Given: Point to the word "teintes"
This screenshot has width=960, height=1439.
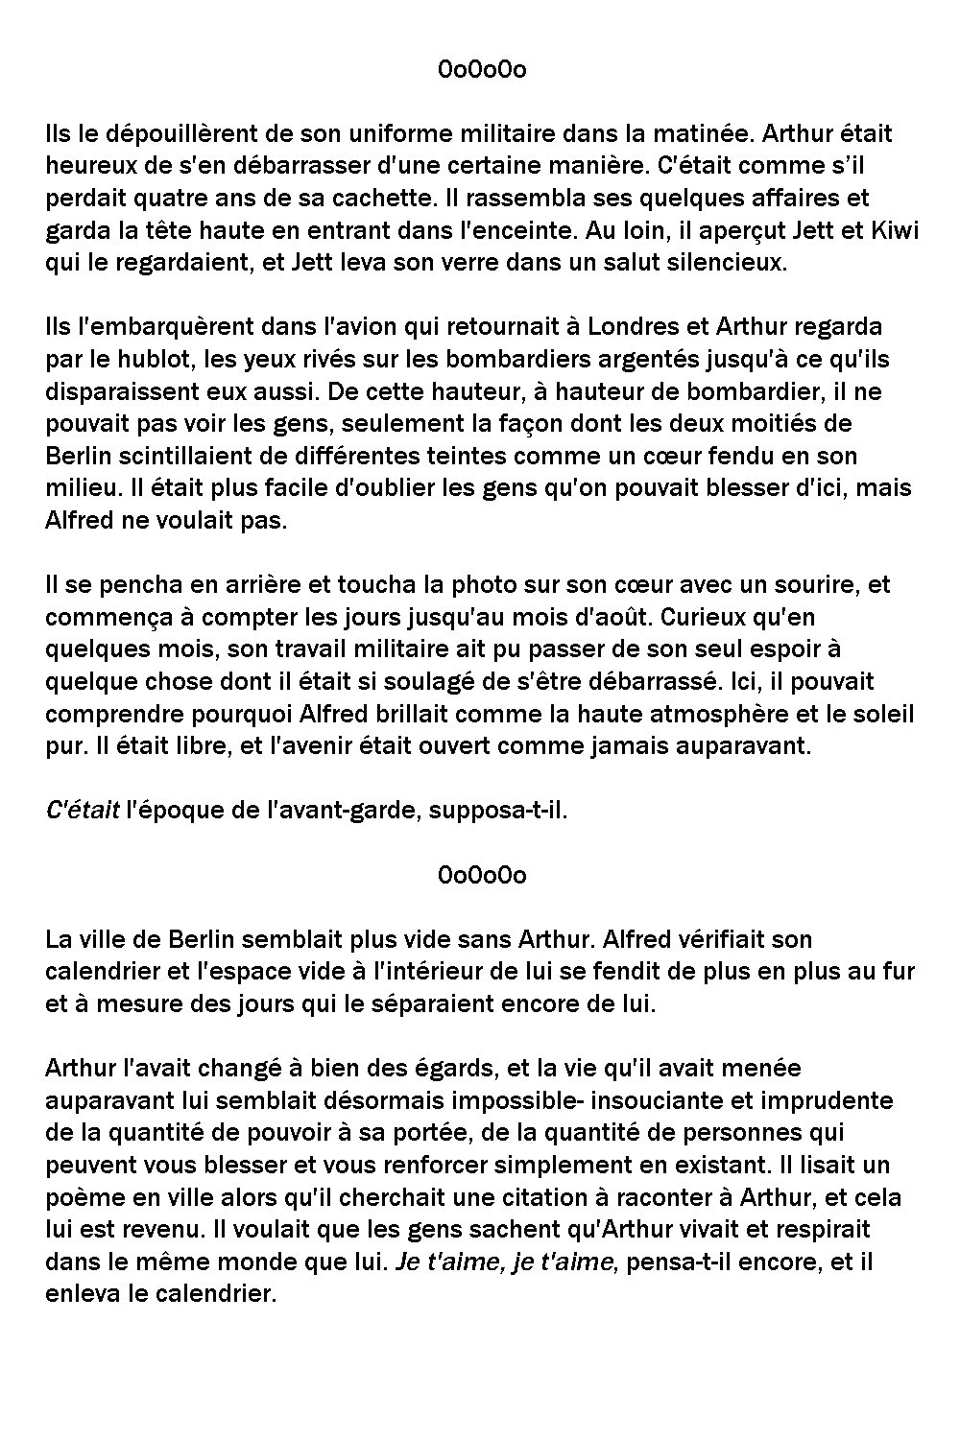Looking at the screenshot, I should coord(517,456).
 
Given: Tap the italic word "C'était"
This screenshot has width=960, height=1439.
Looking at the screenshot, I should coord(83,811).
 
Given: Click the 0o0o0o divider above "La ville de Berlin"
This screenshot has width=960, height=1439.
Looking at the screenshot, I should coord(482,875).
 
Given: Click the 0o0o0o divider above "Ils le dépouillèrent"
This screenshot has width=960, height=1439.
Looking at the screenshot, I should coord(482,70).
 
